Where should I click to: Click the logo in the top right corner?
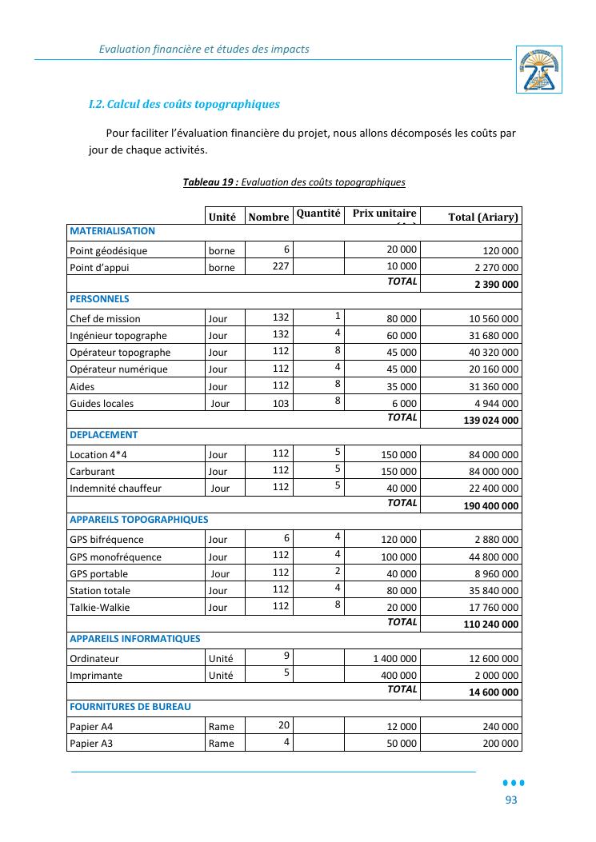[x=538, y=70]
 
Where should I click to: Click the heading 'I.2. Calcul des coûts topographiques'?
[x=184, y=104]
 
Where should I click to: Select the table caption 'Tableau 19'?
[x=210, y=182]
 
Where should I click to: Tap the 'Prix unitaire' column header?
[x=384, y=213]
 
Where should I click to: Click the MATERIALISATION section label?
[x=112, y=231]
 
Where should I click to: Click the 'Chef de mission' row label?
[x=105, y=319]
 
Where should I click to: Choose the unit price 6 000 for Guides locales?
[x=403, y=404]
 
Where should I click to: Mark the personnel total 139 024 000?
[x=490, y=421]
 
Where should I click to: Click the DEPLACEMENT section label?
[x=103, y=435]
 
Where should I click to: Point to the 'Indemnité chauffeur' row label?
[x=115, y=489]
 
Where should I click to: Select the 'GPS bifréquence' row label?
[x=106, y=540]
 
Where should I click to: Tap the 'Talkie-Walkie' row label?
[x=99, y=608]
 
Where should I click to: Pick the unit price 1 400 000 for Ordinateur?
[x=394, y=659]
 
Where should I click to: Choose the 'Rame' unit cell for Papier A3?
[x=222, y=744]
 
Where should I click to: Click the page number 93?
[x=510, y=800]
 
